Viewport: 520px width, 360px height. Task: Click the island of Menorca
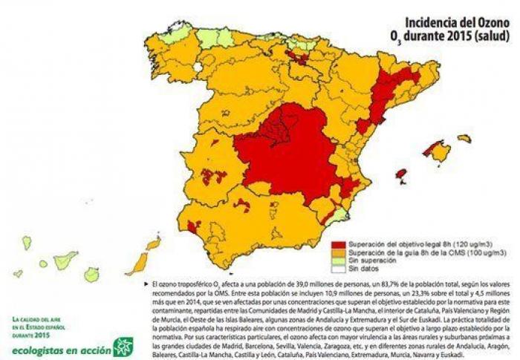[464, 138]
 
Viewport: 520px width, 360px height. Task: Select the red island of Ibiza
[402, 175]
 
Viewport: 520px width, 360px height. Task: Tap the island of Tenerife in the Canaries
[65, 259]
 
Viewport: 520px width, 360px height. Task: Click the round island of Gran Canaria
[91, 274]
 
